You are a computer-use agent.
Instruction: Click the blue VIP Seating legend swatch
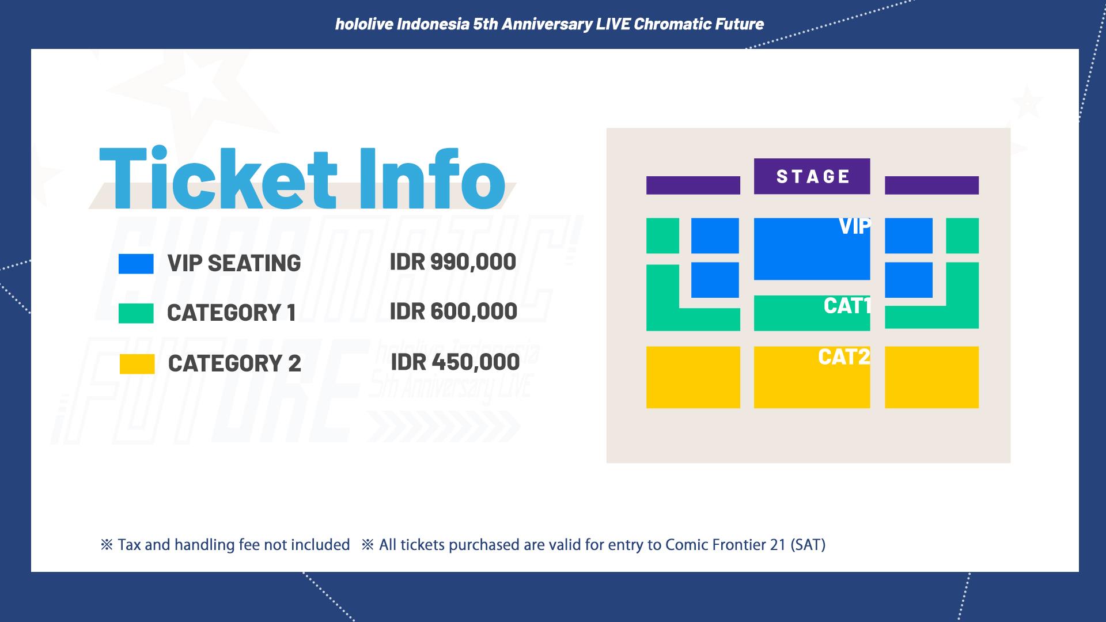point(136,264)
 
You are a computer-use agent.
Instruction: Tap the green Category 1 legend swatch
point(136,313)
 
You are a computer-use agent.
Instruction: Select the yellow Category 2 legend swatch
point(137,364)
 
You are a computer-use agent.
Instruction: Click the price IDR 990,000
point(453,262)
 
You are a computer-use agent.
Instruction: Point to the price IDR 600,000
point(453,312)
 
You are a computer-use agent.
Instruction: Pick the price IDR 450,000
point(455,362)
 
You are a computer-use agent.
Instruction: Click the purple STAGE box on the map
point(812,176)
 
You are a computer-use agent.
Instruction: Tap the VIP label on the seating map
point(854,227)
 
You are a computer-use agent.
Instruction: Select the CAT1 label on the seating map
point(846,306)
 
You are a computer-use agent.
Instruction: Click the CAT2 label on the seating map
point(843,357)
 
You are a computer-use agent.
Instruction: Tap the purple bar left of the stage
point(693,185)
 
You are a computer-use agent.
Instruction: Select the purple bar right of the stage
point(931,185)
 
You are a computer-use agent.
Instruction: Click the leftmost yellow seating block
point(693,377)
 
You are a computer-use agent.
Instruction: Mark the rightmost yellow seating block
point(931,377)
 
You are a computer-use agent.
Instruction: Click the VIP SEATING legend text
point(234,264)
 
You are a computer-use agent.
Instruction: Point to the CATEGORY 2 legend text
point(234,364)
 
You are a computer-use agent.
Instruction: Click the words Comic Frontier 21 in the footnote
point(725,545)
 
